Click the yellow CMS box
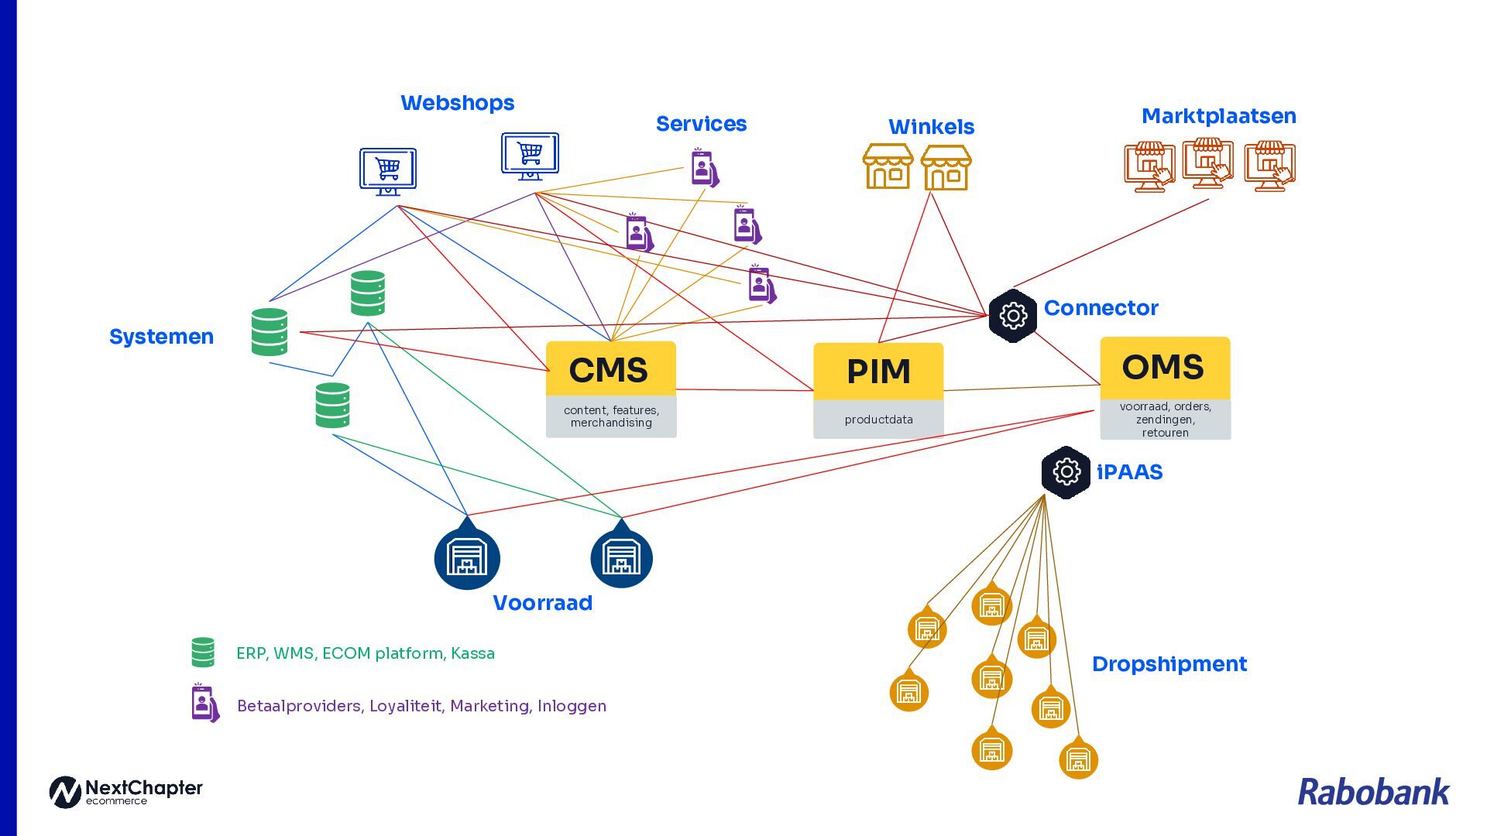610,369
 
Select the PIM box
878,372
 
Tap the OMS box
1164,367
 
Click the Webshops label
457,103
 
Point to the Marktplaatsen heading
1218,116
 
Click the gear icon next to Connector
1012,315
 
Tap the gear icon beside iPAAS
1066,471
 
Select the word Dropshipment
1169,664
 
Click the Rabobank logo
1372,792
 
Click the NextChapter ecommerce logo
125,792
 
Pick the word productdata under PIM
878,420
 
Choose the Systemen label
161,337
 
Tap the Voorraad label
542,603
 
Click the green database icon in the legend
203,653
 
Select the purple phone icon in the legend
204,703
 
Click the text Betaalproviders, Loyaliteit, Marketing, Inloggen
421,706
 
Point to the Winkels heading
931,127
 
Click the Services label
701,124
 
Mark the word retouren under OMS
1165,433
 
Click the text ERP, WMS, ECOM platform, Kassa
365,653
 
